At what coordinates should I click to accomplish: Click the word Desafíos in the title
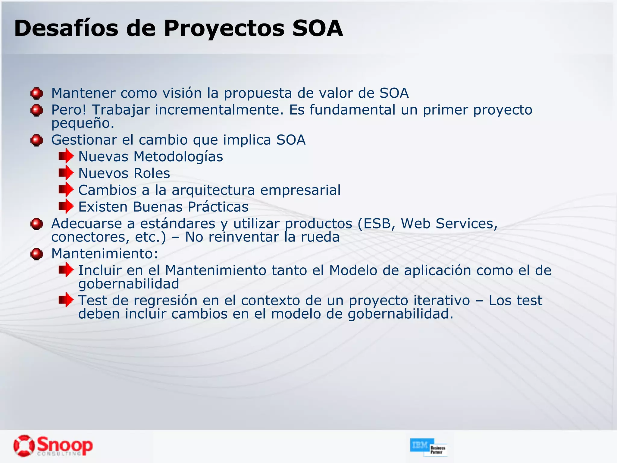click(x=66, y=28)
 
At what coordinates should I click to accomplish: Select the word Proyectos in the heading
click(x=224, y=28)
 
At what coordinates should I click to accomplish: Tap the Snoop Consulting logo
click(x=53, y=446)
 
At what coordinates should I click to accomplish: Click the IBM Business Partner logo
click(x=428, y=447)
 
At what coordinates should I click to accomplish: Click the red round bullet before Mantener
click(x=37, y=93)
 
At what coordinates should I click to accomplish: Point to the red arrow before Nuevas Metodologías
click(x=66, y=156)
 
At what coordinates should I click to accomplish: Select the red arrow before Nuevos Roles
click(x=66, y=173)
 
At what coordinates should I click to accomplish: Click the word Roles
click(x=152, y=173)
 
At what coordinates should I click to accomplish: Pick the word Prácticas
click(x=218, y=207)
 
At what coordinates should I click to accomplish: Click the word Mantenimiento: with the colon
click(x=105, y=254)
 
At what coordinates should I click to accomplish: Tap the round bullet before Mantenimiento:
click(x=37, y=254)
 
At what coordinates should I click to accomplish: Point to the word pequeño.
click(x=83, y=123)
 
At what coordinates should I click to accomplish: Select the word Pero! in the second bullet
click(x=69, y=110)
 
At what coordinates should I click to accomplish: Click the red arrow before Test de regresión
click(x=66, y=300)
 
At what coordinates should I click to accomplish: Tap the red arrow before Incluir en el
click(x=66, y=270)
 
